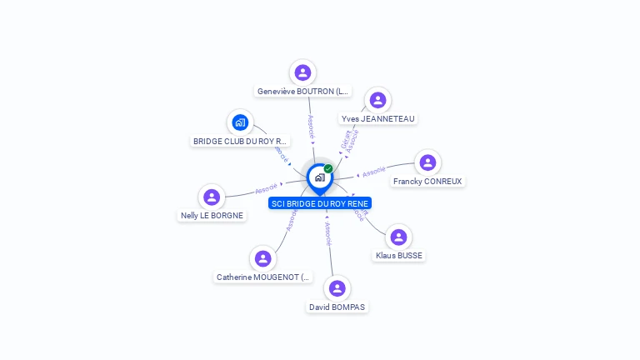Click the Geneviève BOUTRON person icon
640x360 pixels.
[302, 72]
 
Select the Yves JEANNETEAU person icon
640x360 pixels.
[377, 100]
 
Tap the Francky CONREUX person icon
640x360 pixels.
[427, 162]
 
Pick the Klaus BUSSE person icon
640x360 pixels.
[399, 237]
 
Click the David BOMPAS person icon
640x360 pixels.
[337, 288]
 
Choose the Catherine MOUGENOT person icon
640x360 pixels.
[263, 258]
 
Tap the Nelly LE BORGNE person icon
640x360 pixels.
[212, 197]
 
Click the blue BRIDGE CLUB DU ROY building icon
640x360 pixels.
[240, 123]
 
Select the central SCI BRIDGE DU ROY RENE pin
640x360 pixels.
[319, 177]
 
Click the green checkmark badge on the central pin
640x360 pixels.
[328, 168]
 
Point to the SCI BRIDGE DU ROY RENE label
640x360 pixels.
[320, 203]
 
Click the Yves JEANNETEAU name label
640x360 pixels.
[377, 119]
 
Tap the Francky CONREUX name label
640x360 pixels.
[427, 181]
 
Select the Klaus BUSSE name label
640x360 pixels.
[399, 256]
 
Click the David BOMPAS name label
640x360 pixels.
[337, 307]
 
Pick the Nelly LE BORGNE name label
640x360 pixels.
[212, 215]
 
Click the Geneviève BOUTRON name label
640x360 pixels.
[302, 92]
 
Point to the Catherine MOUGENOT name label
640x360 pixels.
[263, 277]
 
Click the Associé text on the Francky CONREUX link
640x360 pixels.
[374, 171]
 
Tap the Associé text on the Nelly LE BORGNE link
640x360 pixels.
[267, 189]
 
